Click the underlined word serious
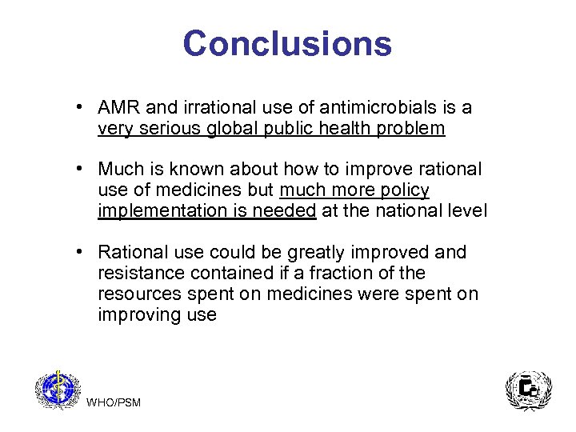click(x=166, y=129)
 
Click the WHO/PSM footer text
click(x=113, y=402)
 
